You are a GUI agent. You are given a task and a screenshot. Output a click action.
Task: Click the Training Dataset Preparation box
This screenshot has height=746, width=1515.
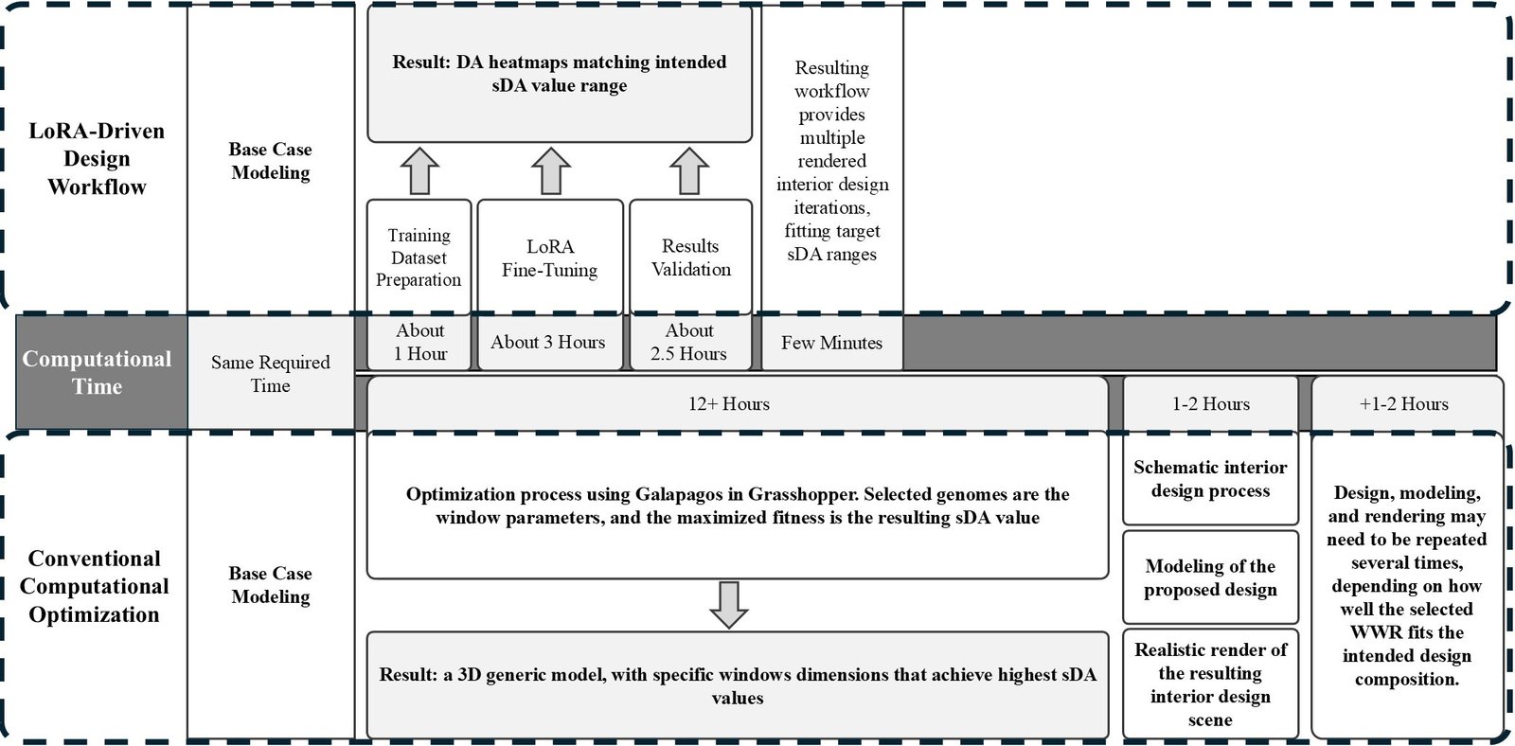[x=419, y=257]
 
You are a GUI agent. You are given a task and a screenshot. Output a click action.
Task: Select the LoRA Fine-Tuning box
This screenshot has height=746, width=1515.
[x=550, y=257]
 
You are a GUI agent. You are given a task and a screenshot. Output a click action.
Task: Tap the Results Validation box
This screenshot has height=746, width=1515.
[x=690, y=257]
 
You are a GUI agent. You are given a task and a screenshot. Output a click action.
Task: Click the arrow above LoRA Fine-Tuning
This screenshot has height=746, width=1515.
[x=550, y=171]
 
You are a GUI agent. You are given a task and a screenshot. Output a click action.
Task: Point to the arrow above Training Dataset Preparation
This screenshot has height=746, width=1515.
[x=419, y=171]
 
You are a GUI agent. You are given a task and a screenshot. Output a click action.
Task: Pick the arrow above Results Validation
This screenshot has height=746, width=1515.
[x=689, y=171]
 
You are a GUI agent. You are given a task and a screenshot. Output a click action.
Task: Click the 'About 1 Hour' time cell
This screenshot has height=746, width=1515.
[x=419, y=342]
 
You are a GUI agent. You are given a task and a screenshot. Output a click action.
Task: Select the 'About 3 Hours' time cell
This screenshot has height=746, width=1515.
[x=548, y=342]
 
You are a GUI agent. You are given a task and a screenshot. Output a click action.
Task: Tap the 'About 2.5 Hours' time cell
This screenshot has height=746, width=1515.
[x=689, y=342]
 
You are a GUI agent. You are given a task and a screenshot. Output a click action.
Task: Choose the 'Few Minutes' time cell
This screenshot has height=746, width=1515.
[x=831, y=343]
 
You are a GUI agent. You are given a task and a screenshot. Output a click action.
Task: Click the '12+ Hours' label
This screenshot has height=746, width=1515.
[x=729, y=404]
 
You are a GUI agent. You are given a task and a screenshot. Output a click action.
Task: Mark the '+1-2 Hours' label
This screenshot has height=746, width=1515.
[x=1405, y=404]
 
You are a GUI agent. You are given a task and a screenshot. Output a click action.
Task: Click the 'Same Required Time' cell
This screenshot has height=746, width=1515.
[x=271, y=373]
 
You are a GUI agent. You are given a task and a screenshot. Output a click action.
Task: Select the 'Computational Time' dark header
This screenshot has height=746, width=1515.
[x=98, y=372]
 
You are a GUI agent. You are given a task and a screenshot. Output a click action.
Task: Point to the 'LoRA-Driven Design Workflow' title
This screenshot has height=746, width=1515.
[x=97, y=158]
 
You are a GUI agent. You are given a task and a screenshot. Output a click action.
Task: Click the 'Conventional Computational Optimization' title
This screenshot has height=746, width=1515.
[x=95, y=586]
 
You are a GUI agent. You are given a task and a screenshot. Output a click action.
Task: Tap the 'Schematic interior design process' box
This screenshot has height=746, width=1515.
[x=1210, y=479]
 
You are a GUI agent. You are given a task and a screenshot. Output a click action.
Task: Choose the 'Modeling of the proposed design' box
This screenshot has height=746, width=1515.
[x=1210, y=577]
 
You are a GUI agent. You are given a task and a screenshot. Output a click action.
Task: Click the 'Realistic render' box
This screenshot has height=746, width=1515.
[x=1210, y=684]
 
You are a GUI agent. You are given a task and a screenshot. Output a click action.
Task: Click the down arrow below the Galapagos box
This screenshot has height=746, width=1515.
[x=729, y=605]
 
